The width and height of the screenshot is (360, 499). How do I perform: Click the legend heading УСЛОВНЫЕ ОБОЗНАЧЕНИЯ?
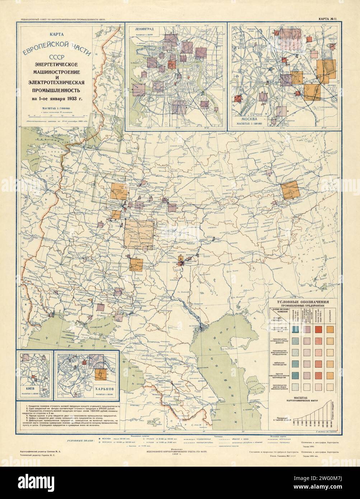pyautogui.click(x=304, y=303)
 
